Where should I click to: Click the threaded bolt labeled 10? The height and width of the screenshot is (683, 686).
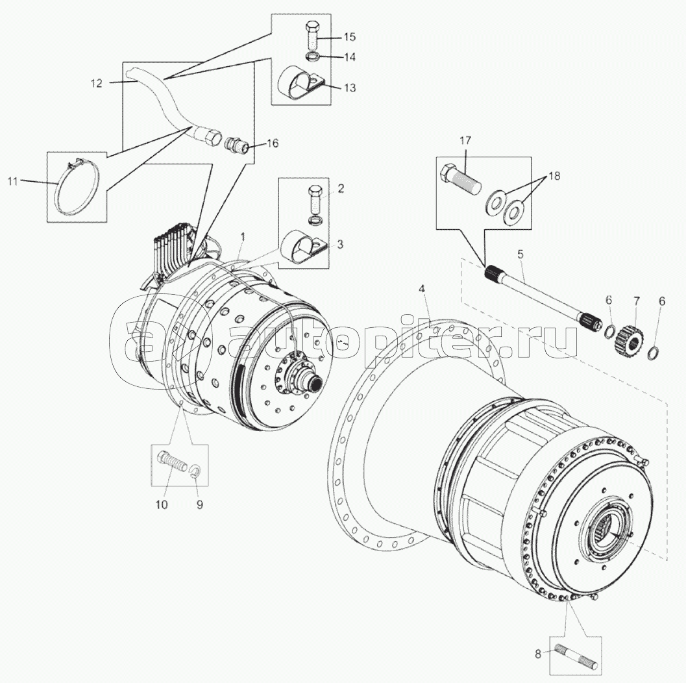coord(173,465)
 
